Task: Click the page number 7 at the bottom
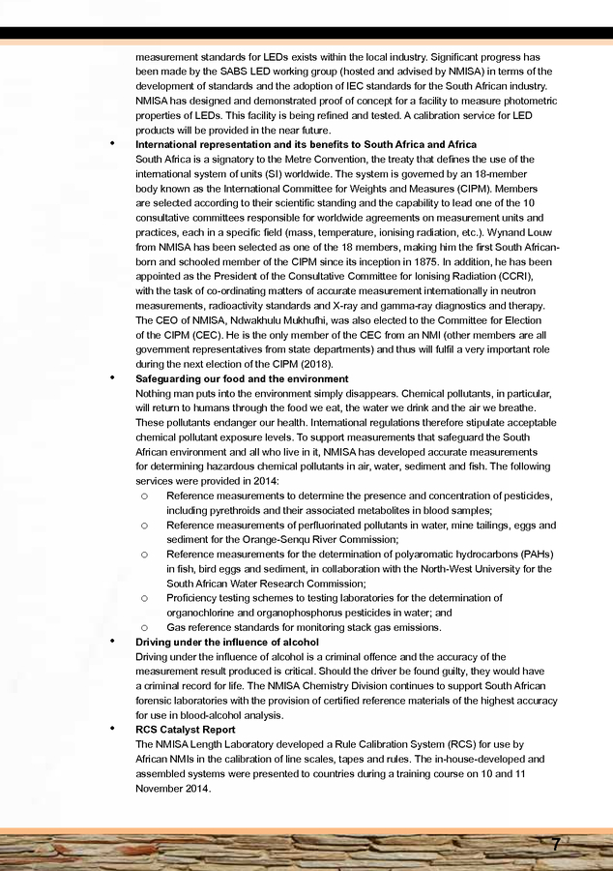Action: [x=556, y=844]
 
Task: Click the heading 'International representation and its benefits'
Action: [x=306, y=144]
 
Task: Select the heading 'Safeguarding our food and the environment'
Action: [x=242, y=378]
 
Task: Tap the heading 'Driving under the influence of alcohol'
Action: [x=227, y=643]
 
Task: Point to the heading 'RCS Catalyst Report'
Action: [x=185, y=730]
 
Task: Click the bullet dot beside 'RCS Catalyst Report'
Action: [x=113, y=730]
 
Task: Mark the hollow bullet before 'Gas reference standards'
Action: [x=143, y=627]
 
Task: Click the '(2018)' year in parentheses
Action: [x=314, y=363]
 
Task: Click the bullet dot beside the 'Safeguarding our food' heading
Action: [x=113, y=378]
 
